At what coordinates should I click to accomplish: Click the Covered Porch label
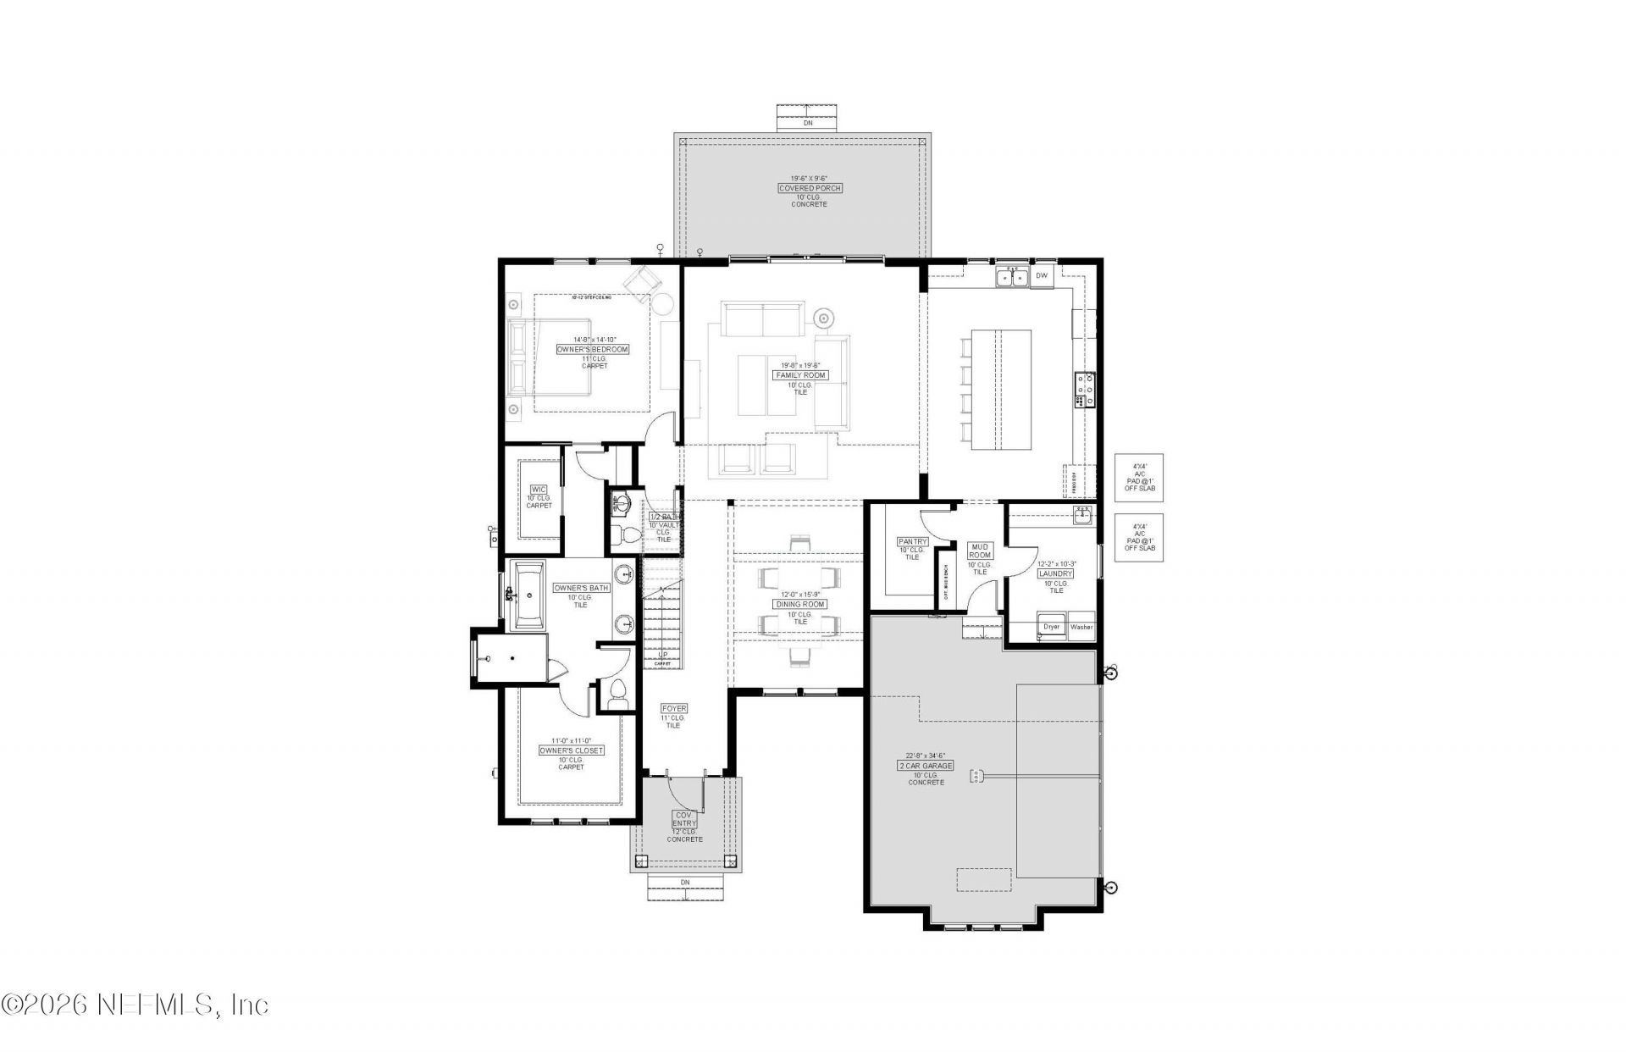click(810, 188)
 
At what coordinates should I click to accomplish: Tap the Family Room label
click(800, 375)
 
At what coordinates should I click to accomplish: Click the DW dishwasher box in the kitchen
click(1042, 276)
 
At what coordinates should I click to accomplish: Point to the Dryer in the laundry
click(1052, 627)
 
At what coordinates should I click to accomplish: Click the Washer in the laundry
click(1081, 627)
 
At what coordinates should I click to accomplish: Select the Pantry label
click(912, 541)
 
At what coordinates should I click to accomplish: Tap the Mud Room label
click(980, 551)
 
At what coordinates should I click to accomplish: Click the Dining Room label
click(800, 604)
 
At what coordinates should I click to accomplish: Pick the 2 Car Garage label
click(926, 766)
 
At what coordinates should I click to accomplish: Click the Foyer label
click(674, 708)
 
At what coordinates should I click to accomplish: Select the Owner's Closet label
click(572, 750)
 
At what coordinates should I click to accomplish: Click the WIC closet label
click(539, 490)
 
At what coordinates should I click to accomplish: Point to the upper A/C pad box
click(1139, 478)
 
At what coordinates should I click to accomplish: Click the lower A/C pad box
click(1139, 537)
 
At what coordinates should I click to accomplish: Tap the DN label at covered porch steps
click(808, 123)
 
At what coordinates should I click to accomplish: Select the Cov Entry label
click(684, 819)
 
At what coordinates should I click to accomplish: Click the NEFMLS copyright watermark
click(135, 1005)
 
